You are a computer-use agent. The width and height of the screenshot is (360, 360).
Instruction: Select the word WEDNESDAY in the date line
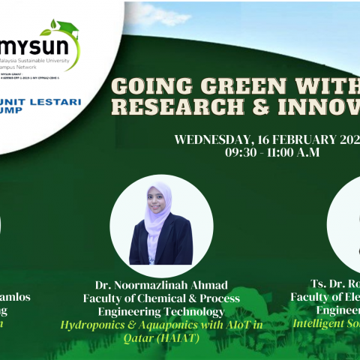coord(213,139)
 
